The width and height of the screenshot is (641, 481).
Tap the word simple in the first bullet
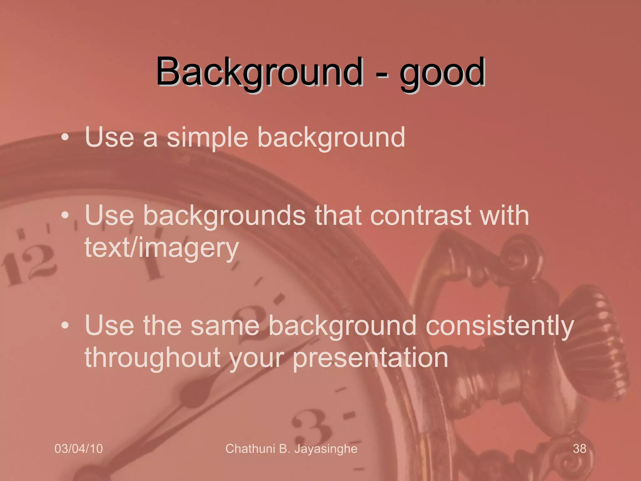click(x=207, y=138)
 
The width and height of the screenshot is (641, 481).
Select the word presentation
click(x=370, y=358)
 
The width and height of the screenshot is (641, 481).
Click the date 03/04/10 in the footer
click(x=79, y=449)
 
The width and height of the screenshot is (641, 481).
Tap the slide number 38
click(x=579, y=449)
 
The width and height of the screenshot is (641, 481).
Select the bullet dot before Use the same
click(x=65, y=326)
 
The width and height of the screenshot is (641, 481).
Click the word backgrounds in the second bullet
click(x=224, y=216)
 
